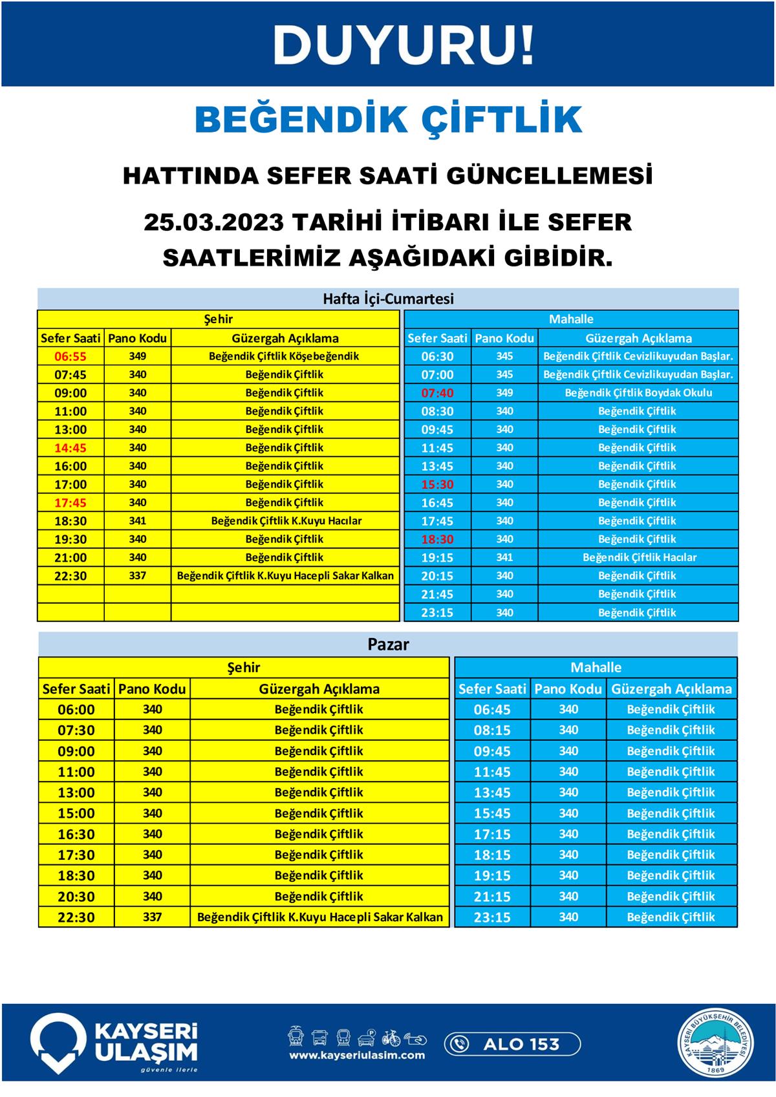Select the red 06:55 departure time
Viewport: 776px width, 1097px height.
pos(70,356)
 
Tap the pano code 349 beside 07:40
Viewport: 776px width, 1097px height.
pos(504,393)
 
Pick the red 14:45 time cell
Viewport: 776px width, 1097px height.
pos(70,448)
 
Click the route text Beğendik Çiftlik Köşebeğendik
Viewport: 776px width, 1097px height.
pos(284,356)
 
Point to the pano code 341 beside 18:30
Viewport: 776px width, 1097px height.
pos(137,521)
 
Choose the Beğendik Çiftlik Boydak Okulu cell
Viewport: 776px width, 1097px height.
pos(638,393)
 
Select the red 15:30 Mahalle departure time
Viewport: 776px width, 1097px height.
pos(437,484)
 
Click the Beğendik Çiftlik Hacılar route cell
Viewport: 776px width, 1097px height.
pos(640,557)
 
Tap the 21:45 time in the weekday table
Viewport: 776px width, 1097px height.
pos(437,594)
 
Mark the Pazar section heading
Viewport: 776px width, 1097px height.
pos(388,644)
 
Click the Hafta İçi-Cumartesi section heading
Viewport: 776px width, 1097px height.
pos(388,299)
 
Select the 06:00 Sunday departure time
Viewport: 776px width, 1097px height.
pos(76,710)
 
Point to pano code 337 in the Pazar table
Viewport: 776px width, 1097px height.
pos(152,917)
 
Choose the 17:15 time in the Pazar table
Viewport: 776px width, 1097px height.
pos(492,835)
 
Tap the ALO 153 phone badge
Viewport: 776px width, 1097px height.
pos(512,1044)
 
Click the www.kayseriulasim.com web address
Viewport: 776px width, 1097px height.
pos(357,1056)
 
